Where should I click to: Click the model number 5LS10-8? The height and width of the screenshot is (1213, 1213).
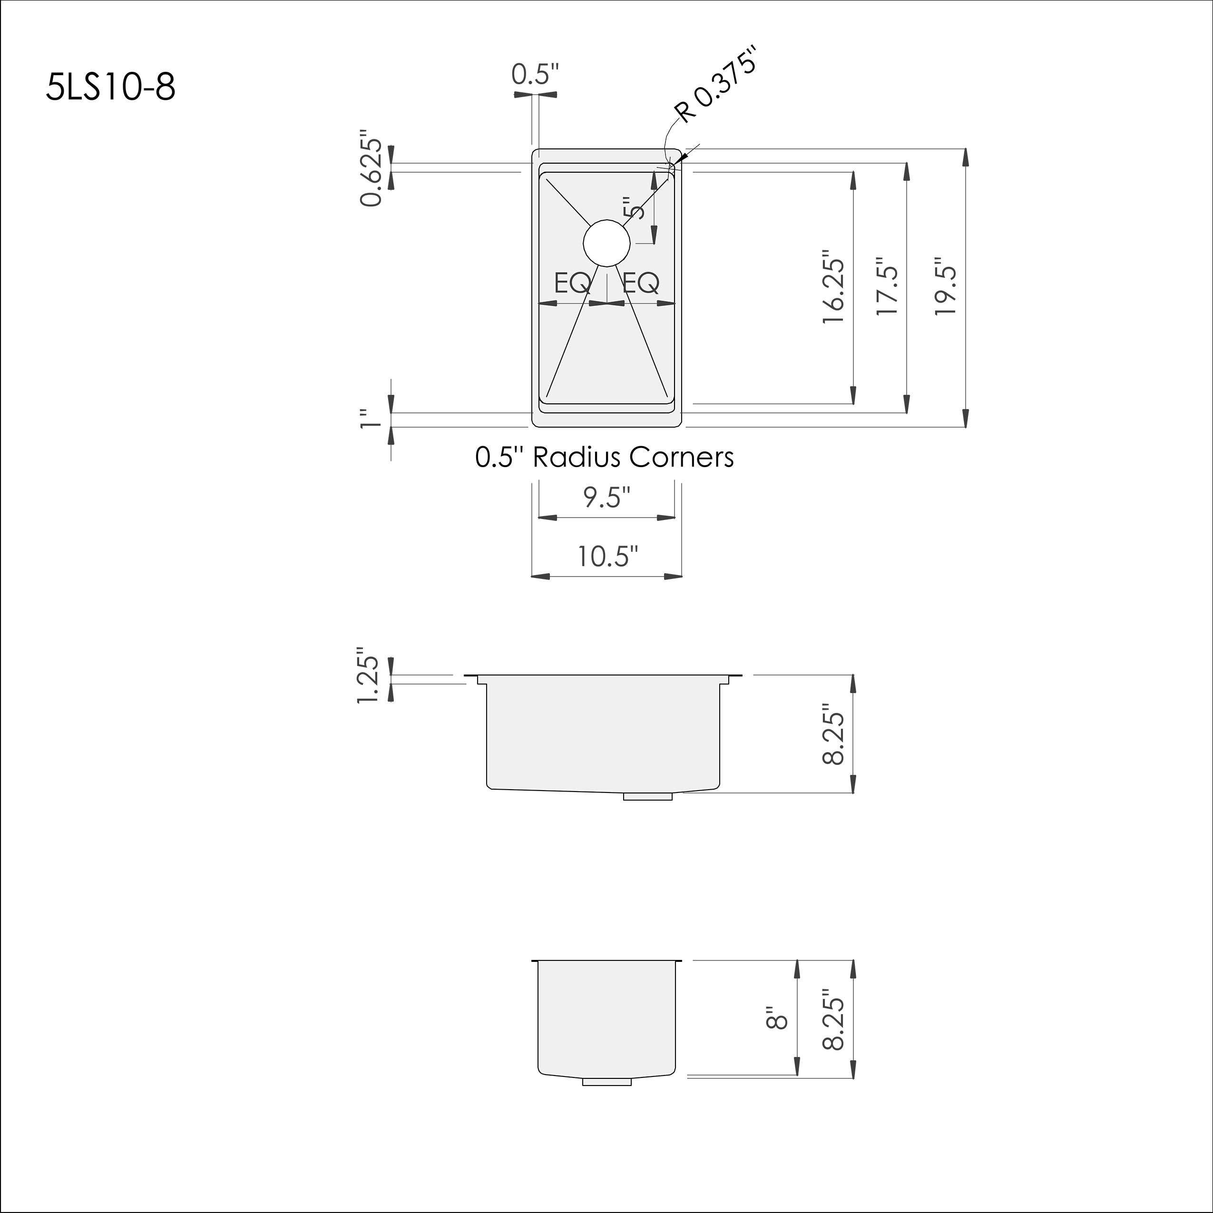tap(110, 87)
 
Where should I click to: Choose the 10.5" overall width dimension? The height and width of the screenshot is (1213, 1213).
tap(607, 556)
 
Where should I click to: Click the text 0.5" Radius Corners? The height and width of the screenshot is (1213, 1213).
tap(604, 457)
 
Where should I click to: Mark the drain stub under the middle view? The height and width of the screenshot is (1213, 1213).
tap(647, 796)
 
